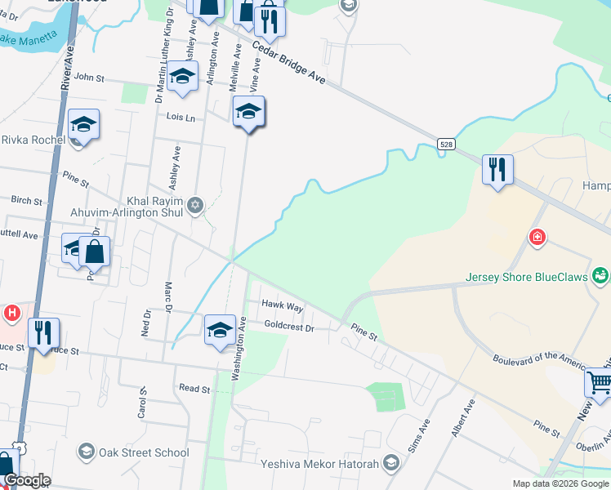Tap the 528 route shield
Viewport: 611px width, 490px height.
(445, 144)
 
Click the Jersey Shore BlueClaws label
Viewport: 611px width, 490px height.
(527, 277)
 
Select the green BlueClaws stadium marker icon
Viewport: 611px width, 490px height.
(601, 276)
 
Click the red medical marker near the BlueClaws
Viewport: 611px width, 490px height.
(537, 238)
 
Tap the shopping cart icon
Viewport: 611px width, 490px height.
(600, 382)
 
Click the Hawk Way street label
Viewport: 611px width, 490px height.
(282, 306)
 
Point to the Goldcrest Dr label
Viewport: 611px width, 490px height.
(288, 326)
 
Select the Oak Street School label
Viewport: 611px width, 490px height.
(144, 452)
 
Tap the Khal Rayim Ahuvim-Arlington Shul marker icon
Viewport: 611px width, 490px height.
(194, 205)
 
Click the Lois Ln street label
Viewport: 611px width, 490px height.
(181, 118)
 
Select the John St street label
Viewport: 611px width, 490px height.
(89, 78)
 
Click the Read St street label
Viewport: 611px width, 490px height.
(194, 390)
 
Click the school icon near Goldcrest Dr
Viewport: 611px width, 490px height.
(220, 330)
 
